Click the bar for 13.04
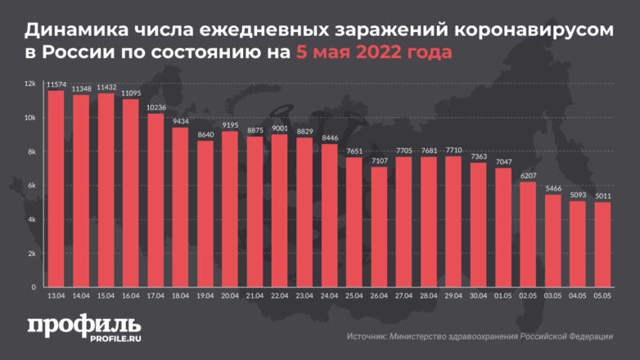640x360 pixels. point(56,189)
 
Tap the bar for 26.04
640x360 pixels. point(379,227)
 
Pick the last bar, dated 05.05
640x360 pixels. point(602,245)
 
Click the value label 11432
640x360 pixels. point(106,87)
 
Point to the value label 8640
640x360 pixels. point(205,134)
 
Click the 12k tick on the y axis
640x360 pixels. point(29,83)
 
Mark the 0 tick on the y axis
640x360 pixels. point(33,288)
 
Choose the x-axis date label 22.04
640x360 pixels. point(279,297)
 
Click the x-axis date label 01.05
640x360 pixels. point(503,297)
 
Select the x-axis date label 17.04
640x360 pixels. point(155,297)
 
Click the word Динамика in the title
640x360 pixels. point(77,31)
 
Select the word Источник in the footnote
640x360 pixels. point(369,336)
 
